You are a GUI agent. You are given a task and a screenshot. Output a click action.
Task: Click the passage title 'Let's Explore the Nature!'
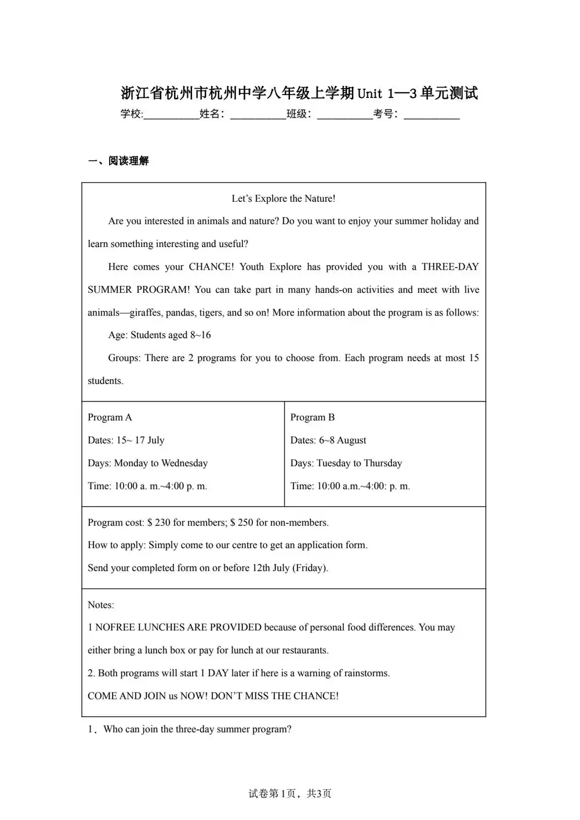point(284,198)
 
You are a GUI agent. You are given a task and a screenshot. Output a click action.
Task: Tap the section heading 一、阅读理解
point(118,161)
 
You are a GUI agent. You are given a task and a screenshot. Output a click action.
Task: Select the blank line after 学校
point(171,115)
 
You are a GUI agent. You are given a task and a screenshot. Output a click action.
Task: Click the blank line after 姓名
point(258,115)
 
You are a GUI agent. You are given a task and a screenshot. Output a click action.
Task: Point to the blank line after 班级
point(345,115)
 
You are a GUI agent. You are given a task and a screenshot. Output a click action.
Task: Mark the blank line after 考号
point(432,115)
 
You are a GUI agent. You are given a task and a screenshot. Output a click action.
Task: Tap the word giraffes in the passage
point(145,313)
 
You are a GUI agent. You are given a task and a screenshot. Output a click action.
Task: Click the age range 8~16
point(201,335)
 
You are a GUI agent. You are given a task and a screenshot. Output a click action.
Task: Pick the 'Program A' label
point(110,418)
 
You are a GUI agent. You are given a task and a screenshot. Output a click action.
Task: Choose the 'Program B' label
point(313,418)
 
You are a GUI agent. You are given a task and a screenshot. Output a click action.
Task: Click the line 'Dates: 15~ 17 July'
point(126,440)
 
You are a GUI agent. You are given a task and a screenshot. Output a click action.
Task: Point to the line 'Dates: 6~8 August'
point(328,440)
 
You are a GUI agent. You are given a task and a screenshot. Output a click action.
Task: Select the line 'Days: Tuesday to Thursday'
point(346,463)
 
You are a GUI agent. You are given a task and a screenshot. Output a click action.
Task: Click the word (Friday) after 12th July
point(310,568)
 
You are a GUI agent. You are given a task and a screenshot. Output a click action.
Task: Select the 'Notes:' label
point(101,605)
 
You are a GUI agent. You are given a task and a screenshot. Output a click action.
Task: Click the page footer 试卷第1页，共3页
point(290,793)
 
